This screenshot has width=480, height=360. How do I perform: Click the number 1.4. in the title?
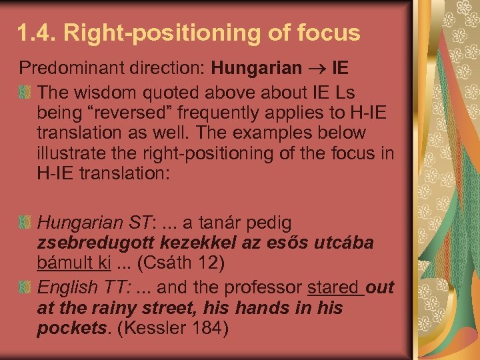[39, 33]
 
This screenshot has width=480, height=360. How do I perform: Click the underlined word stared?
[333, 287]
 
